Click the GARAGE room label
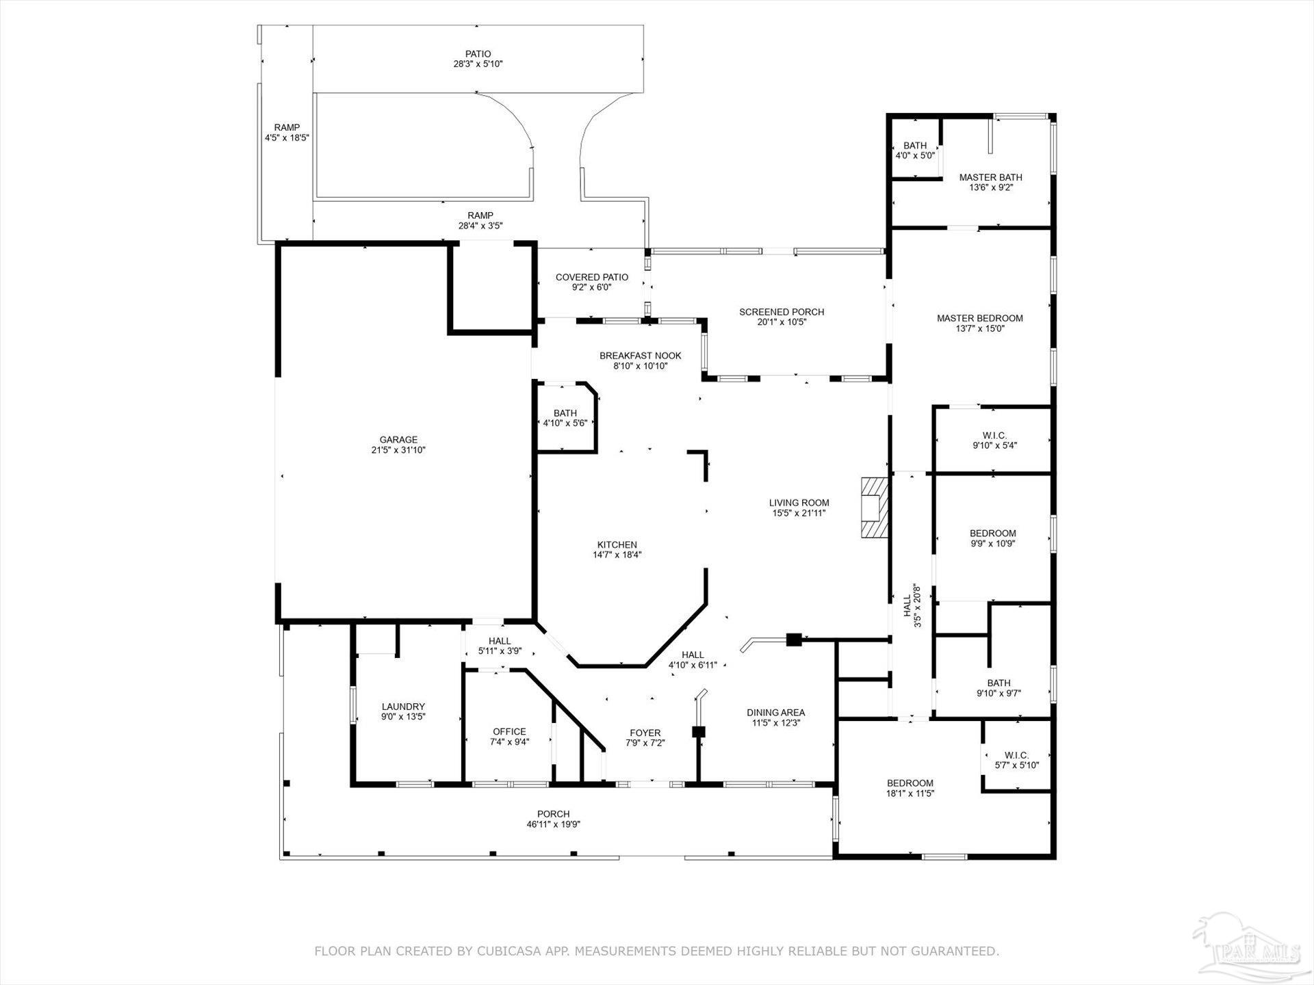(398, 440)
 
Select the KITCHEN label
(617, 544)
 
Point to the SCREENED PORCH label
(782, 312)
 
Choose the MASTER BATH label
(990, 178)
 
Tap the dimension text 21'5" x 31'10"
(398, 450)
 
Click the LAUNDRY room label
(403, 707)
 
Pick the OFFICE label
(510, 731)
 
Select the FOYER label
(645, 733)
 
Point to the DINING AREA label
(775, 712)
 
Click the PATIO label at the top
(478, 54)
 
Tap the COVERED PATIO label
(591, 277)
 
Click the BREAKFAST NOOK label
(640, 356)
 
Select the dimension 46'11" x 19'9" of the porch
(553, 824)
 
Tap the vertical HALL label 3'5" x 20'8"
(912, 605)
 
